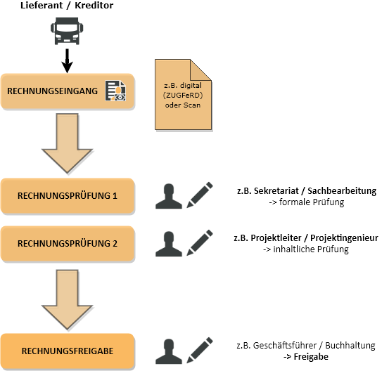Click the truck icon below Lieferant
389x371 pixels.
67,31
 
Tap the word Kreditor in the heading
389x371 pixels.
94,6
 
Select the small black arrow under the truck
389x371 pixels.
67,60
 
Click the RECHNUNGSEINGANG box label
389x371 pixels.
52,91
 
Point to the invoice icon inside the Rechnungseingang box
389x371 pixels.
115,91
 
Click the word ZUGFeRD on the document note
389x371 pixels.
183,95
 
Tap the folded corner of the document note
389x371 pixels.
200,70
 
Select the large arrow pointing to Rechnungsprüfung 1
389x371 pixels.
68,143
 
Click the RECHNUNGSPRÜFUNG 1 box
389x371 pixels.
68,196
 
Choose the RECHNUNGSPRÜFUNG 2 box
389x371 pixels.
68,244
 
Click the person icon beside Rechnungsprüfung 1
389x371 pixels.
169,196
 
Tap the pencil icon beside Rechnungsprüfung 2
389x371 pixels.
200,242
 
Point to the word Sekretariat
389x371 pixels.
276,191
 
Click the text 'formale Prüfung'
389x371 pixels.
312,202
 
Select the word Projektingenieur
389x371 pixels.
345,238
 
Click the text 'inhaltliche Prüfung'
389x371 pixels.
311,249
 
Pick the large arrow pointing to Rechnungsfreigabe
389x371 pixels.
68,299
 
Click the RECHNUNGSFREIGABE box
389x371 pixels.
68,351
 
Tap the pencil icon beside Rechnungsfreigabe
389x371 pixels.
200,350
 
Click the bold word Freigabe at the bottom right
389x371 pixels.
311,357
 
